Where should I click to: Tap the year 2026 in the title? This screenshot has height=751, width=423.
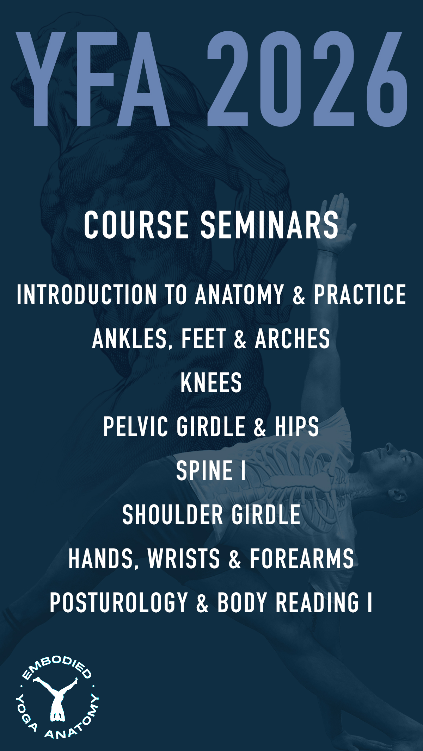307,79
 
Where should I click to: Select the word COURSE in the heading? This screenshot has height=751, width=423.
136,225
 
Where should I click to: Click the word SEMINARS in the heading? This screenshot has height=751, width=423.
270,225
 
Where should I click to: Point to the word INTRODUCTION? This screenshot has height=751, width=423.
87,294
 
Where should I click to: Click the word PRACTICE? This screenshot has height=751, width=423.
360,294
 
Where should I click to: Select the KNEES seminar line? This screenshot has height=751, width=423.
211,383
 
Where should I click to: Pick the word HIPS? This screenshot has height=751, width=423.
297,426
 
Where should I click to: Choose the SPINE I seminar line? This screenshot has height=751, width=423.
211,471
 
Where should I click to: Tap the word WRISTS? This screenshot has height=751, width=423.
184,558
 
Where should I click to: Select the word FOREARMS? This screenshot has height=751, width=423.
302,558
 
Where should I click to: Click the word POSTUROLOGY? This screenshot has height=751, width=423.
119,602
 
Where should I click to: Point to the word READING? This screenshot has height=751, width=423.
317,602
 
